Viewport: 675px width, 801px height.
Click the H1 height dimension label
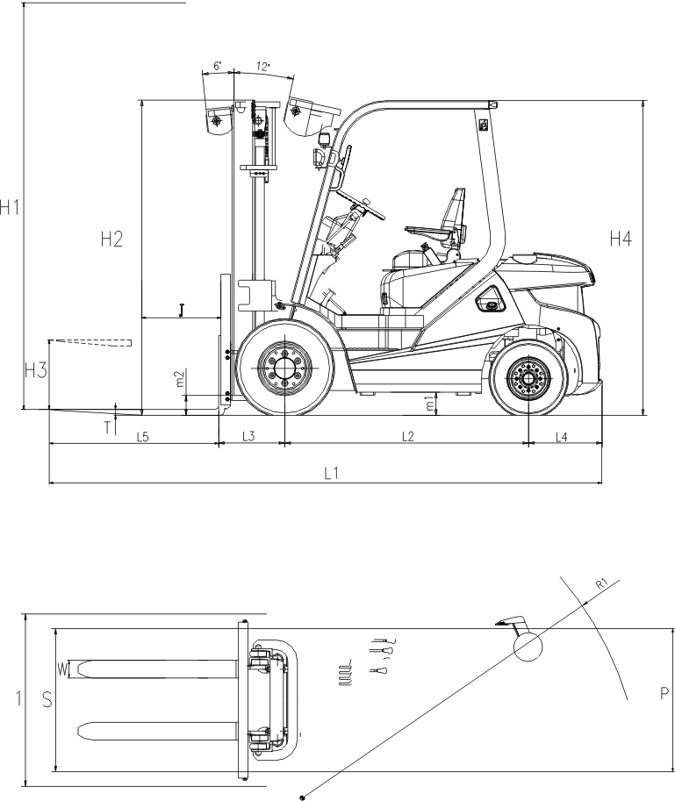pyautogui.click(x=9, y=208)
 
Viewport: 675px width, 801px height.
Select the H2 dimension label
pyautogui.click(x=111, y=239)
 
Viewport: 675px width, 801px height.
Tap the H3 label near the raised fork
pyautogui.click(x=36, y=370)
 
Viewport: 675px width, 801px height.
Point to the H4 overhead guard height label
pyautogui.click(x=621, y=239)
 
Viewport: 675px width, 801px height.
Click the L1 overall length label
pyautogui.click(x=332, y=473)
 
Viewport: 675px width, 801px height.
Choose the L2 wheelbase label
pyautogui.click(x=407, y=436)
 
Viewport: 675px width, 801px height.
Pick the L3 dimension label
pyautogui.click(x=248, y=436)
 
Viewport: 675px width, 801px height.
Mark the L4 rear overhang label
pyautogui.click(x=561, y=437)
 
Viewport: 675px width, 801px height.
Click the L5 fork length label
pyautogui.click(x=142, y=437)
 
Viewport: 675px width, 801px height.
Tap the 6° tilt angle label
pyautogui.click(x=218, y=66)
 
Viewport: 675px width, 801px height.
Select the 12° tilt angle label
pyautogui.click(x=263, y=67)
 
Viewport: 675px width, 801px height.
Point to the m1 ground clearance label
pyautogui.click(x=431, y=404)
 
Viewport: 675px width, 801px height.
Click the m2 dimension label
pyautogui.click(x=180, y=378)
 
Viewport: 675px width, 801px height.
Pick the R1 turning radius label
pyautogui.click(x=602, y=584)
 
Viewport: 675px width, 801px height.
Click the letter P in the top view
pyautogui.click(x=664, y=693)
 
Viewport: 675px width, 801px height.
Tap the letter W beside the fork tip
pyautogui.click(x=62, y=669)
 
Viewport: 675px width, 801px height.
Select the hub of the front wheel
pyautogui.click(x=284, y=368)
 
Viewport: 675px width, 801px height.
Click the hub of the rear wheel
pyautogui.click(x=528, y=378)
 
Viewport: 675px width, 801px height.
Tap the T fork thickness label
pyautogui.click(x=108, y=427)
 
